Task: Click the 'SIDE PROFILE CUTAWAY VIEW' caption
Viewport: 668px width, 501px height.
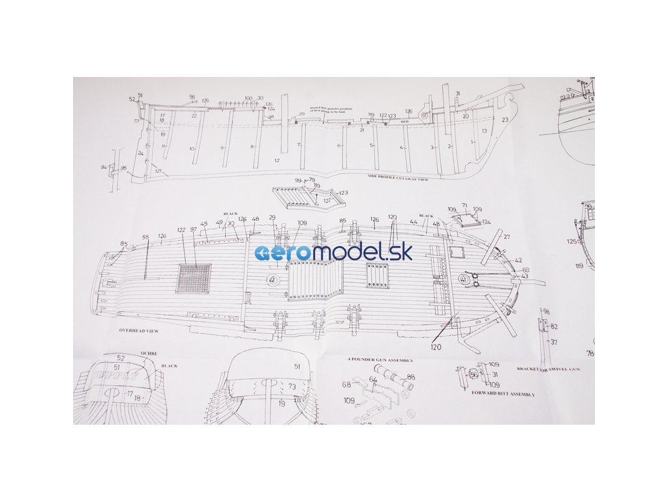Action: (399, 178)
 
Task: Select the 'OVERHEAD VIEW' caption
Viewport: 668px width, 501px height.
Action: (138, 331)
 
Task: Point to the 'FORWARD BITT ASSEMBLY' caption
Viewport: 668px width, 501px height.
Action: (503, 394)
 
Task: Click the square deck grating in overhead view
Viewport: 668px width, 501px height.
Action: (194, 278)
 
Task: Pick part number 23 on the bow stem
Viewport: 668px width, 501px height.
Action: (505, 120)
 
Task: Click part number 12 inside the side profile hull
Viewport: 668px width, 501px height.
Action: (277, 160)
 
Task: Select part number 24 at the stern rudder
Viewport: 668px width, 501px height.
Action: (140, 154)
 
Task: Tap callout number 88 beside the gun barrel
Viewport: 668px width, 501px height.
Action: (410, 377)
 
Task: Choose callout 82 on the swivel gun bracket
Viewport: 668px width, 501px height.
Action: (553, 326)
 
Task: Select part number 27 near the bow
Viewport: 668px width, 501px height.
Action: (506, 237)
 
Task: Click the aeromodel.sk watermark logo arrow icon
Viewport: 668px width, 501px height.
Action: (269, 253)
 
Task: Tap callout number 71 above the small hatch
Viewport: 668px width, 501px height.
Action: (464, 205)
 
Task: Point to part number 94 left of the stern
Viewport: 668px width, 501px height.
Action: (104, 167)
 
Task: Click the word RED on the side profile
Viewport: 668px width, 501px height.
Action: (404, 121)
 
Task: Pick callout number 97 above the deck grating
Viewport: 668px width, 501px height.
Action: (193, 230)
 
